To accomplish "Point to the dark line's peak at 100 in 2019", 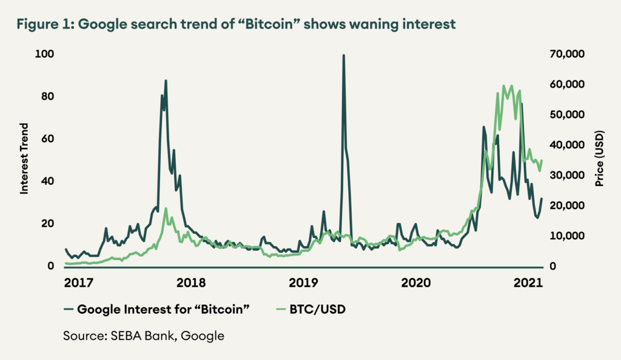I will click(344, 56).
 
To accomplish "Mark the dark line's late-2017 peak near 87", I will click(166, 81).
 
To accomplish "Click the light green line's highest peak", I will click(504, 86).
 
